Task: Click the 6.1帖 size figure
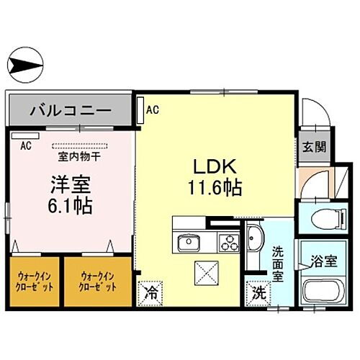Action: click(x=68, y=206)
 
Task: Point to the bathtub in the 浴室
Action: click(x=318, y=294)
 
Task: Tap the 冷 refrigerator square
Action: click(x=150, y=292)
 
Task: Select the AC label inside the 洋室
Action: click(x=25, y=145)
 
